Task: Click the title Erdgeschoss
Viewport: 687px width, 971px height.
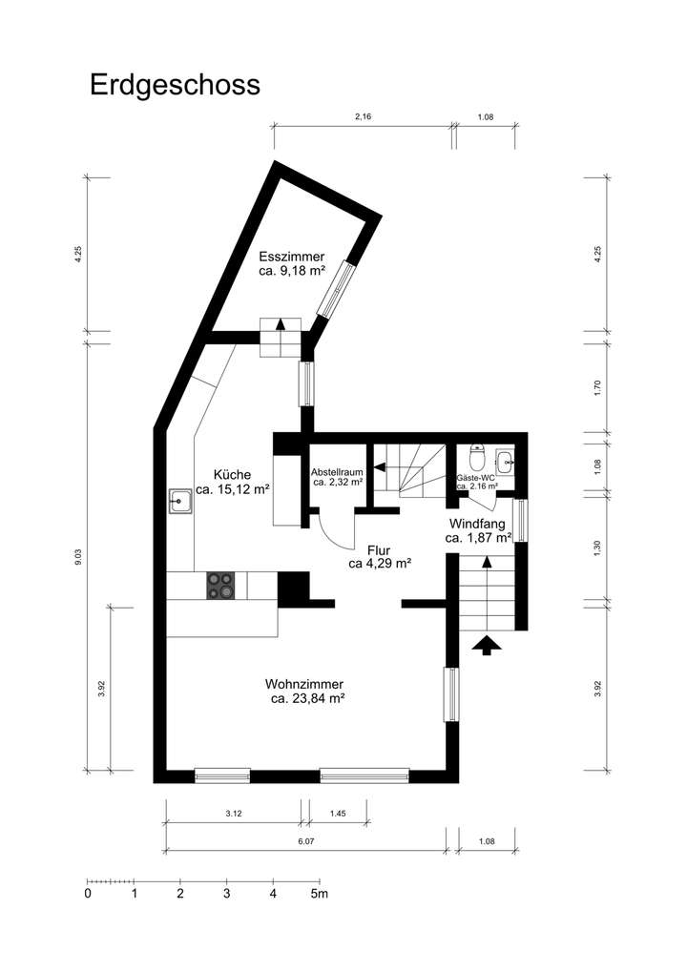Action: click(x=175, y=84)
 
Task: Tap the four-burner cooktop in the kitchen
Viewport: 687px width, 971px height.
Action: click(x=220, y=585)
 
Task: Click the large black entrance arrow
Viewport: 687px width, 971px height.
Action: click(x=487, y=646)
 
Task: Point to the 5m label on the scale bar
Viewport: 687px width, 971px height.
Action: click(x=319, y=894)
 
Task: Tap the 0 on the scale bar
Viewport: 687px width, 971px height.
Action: click(x=88, y=894)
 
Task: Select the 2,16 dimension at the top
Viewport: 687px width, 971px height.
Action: click(x=363, y=116)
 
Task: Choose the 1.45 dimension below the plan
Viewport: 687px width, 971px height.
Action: click(x=338, y=814)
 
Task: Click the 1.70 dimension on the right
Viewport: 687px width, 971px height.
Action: click(x=598, y=387)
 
